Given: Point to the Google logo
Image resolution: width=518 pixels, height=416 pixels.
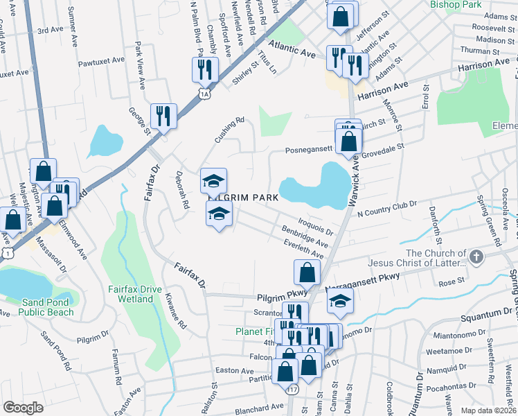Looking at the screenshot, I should click(x=23, y=408).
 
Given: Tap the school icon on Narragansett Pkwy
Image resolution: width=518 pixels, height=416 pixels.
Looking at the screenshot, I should click(x=339, y=301).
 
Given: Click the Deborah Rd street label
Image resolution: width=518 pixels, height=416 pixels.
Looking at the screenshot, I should click(x=182, y=191).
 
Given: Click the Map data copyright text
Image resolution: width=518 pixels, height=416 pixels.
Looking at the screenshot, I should click(x=489, y=410).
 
